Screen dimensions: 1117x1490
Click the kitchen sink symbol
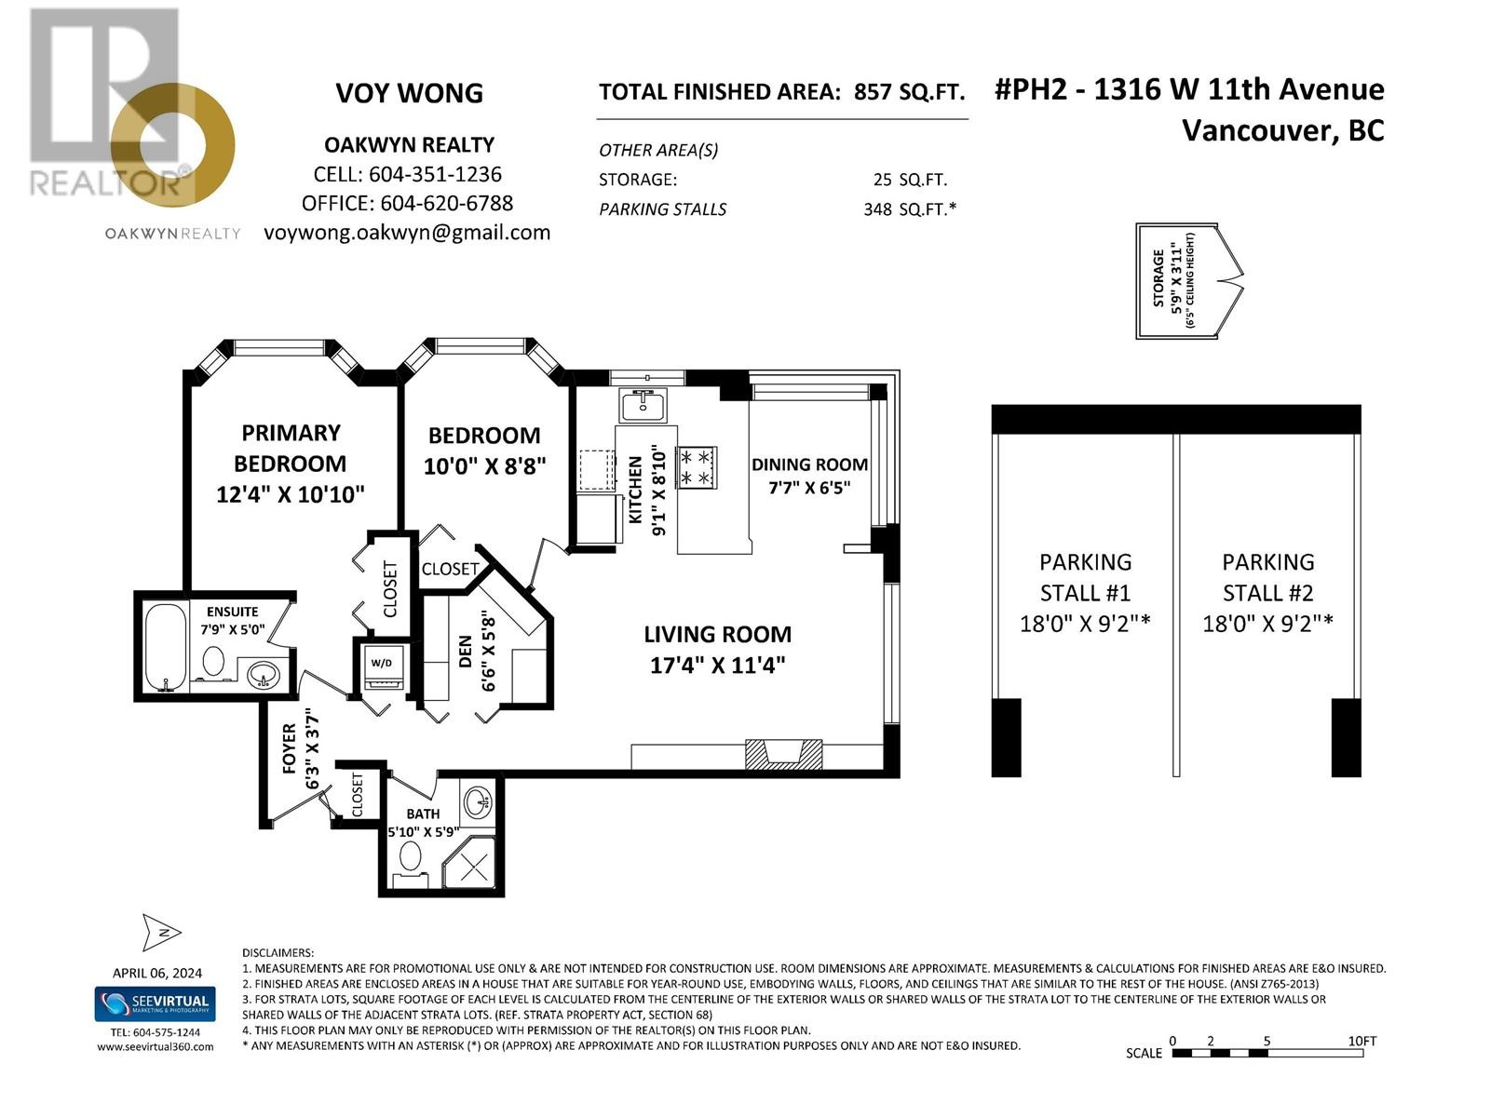(x=643, y=406)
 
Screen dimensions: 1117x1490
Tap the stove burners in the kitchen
(x=698, y=467)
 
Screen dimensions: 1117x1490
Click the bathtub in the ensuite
(x=167, y=647)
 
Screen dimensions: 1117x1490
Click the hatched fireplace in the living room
(x=783, y=753)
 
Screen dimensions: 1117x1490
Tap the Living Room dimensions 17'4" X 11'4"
(x=717, y=666)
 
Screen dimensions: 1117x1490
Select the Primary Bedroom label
(x=290, y=448)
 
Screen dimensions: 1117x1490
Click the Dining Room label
(x=809, y=464)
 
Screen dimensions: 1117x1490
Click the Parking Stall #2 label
(x=1267, y=577)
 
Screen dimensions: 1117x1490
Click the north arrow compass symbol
(x=161, y=932)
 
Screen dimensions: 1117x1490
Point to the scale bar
(x=1266, y=1053)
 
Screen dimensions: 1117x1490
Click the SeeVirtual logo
(x=156, y=1004)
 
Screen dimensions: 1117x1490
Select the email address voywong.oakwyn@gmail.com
(x=407, y=233)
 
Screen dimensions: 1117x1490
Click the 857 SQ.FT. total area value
(x=909, y=92)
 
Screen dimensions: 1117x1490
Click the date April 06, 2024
(x=156, y=973)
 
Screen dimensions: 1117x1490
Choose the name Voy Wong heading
(x=409, y=93)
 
